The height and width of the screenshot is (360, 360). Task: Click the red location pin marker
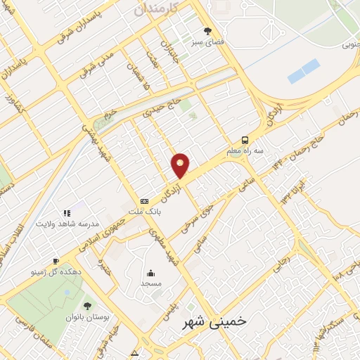tap(181, 165)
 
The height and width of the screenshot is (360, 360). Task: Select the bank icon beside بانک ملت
tap(144, 201)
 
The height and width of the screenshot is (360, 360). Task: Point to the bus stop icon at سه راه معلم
tap(245, 139)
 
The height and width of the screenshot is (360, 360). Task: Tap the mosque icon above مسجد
tap(150, 273)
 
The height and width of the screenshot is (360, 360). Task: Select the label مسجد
tap(150, 283)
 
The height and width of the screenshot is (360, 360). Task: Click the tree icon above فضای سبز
tap(207, 30)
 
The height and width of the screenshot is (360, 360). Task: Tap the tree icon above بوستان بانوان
tap(87, 306)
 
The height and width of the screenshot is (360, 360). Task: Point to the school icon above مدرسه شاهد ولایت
tap(67, 213)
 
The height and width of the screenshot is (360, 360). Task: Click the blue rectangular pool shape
tap(303, 72)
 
